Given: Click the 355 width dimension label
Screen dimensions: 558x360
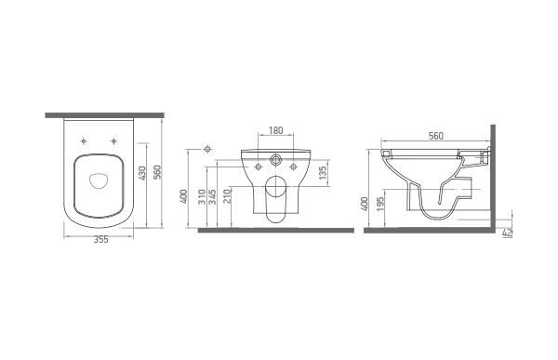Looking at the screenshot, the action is pyautogui.click(x=101, y=240).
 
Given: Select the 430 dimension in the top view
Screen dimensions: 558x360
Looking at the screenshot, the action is pyautogui.click(x=141, y=173).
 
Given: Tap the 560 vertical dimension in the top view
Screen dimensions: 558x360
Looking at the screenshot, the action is pyautogui.click(x=158, y=172).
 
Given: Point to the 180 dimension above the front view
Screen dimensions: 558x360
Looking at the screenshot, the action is pyautogui.click(x=276, y=130).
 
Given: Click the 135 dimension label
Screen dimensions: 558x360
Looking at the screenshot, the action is pyautogui.click(x=323, y=172).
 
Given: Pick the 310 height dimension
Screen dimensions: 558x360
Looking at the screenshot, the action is pyautogui.click(x=202, y=197).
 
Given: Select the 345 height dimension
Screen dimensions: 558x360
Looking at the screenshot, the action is pyautogui.click(x=212, y=197).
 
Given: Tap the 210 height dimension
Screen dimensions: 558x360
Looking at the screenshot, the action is pyautogui.click(x=227, y=196).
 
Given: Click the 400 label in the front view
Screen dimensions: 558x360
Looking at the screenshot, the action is pyautogui.click(x=183, y=196).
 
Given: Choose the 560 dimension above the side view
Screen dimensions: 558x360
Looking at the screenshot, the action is pyautogui.click(x=436, y=136).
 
